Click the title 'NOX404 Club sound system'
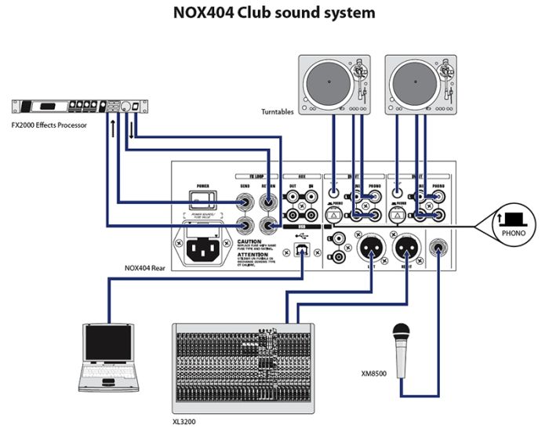pyautogui.click(x=274, y=13)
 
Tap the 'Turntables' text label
pyautogui.click(x=278, y=112)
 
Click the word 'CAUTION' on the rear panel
pyautogui.click(x=254, y=242)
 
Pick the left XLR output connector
pyautogui.click(x=369, y=249)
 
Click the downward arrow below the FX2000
pyautogui.click(x=133, y=125)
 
